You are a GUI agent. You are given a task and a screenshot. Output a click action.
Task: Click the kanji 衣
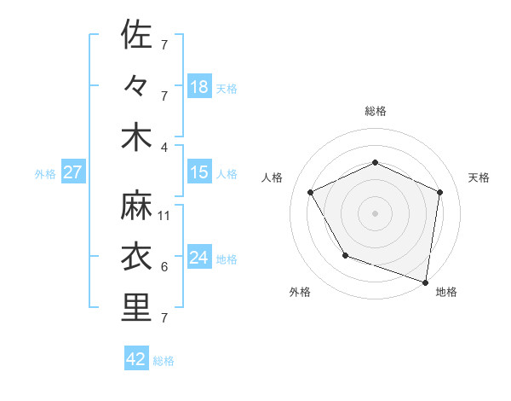pyautogui.click(x=137, y=257)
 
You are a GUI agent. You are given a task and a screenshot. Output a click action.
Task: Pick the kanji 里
pyautogui.click(x=137, y=307)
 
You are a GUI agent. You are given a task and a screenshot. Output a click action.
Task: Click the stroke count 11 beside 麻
pyautogui.click(x=165, y=216)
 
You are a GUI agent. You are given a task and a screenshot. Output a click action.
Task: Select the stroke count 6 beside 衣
pyautogui.click(x=164, y=267)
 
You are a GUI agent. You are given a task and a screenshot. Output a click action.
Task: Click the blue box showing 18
pyautogui.click(x=199, y=87)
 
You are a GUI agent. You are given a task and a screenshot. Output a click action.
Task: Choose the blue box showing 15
pyautogui.click(x=199, y=172)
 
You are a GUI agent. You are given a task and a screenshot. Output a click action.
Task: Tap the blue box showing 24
pyautogui.click(x=199, y=258)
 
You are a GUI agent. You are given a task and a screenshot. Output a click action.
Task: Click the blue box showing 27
pyautogui.click(x=73, y=172)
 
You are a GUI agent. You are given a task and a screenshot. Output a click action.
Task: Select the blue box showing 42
pyautogui.click(x=136, y=359)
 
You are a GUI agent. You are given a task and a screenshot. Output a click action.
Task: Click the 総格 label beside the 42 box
pyautogui.click(x=164, y=361)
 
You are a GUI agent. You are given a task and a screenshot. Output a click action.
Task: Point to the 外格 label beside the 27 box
pyautogui.click(x=45, y=174)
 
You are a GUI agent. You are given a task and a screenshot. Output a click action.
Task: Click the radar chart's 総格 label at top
pyautogui.click(x=375, y=111)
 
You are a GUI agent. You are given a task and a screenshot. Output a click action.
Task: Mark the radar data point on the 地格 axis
pyautogui.click(x=426, y=282)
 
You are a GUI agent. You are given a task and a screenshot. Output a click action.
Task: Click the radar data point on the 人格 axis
pyautogui.click(x=311, y=192)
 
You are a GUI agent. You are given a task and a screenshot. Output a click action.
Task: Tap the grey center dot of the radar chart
pyautogui.click(x=375, y=212)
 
